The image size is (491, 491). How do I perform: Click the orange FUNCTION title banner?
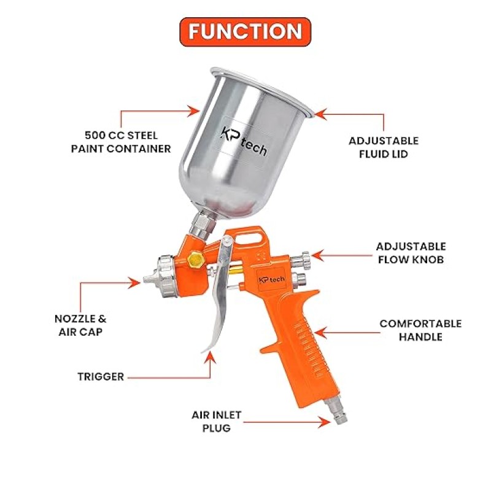245,32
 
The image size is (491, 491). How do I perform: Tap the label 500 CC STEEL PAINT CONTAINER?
121,142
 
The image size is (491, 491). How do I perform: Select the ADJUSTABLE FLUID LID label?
384,147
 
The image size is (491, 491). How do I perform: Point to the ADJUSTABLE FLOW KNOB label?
411,253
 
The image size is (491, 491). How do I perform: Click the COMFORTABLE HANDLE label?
420,330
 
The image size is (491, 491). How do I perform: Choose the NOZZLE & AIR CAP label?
80,325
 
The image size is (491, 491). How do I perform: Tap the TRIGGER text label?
101,376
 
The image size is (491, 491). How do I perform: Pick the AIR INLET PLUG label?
217,421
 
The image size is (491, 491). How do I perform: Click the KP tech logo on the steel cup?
244,142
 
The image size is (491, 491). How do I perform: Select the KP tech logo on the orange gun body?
272,279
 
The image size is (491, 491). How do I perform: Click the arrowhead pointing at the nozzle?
135,283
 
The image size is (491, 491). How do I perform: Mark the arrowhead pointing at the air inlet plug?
325,422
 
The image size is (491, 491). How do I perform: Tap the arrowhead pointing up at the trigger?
210,357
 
